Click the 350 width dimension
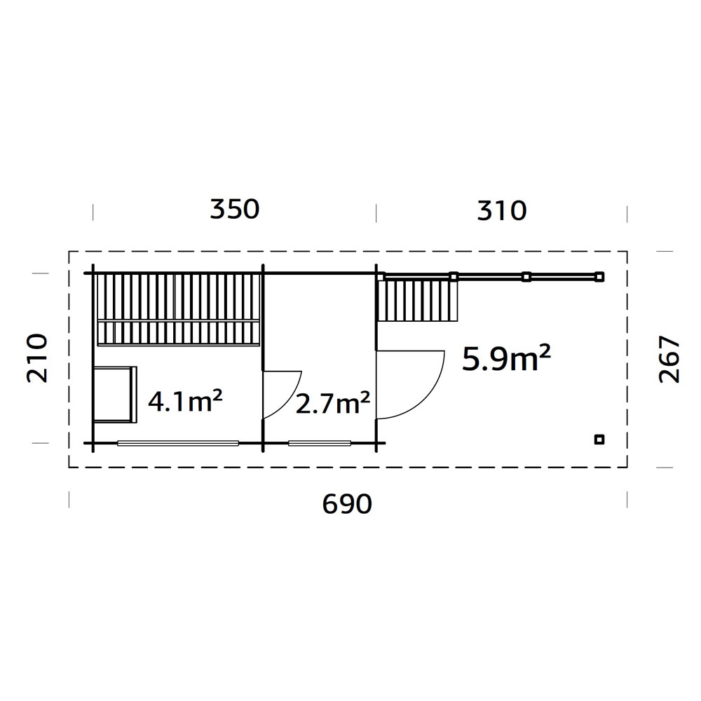tap(235, 209)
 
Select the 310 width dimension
tap(502, 210)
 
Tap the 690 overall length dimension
tap(347, 504)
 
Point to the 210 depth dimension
tap(37, 358)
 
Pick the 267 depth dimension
tap(669, 360)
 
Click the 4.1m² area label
tap(185, 400)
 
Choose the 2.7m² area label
tap(333, 402)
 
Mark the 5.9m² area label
tap(506, 358)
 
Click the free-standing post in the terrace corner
tap(599, 440)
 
